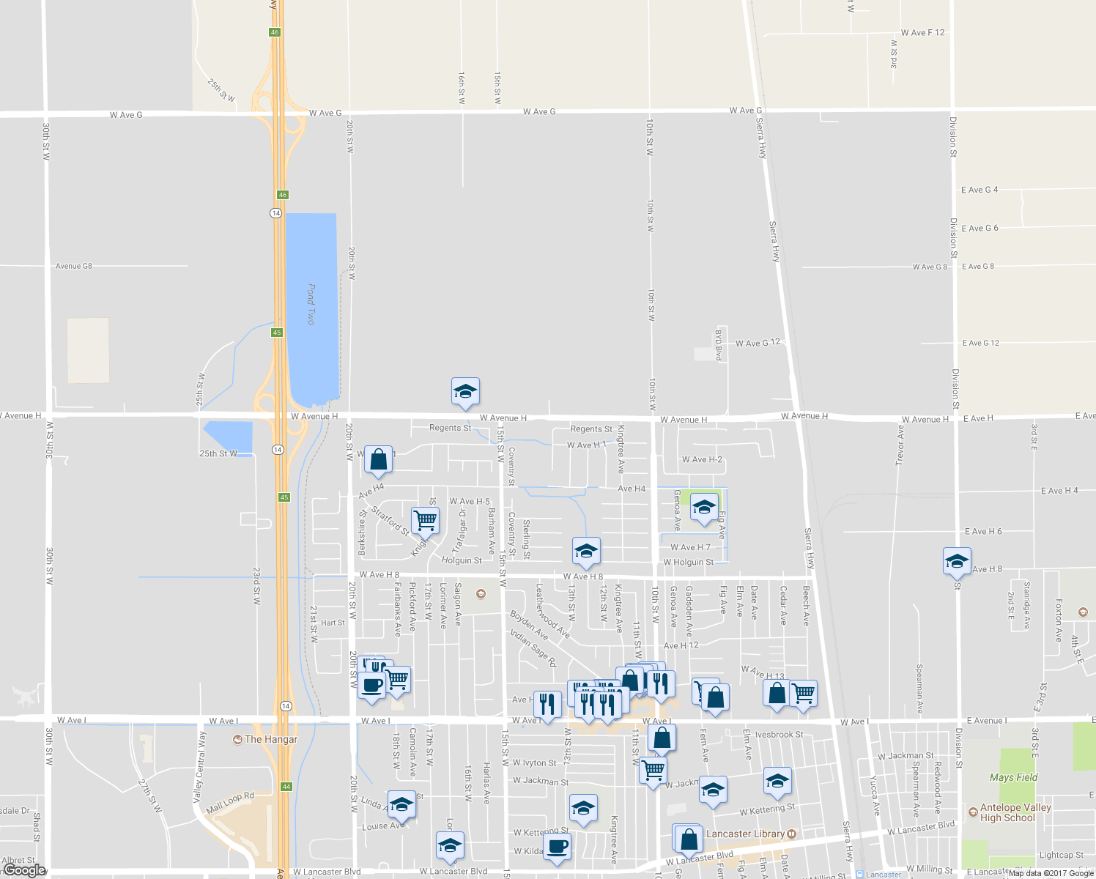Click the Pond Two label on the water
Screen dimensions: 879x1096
pyautogui.click(x=311, y=305)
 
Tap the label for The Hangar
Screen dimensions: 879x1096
pyautogui.click(x=271, y=739)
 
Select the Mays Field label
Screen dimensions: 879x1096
pyautogui.click(x=1013, y=777)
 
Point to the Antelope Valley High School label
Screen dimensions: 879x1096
pyautogui.click(x=1015, y=812)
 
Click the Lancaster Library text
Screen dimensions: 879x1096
pyautogui.click(x=745, y=834)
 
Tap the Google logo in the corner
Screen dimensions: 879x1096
pyautogui.click(x=24, y=870)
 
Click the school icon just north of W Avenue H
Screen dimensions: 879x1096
pyautogui.click(x=465, y=392)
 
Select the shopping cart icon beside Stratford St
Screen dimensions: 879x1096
pyautogui.click(x=425, y=520)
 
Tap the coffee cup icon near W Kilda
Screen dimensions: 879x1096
pyautogui.click(x=558, y=847)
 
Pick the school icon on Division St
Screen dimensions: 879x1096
pyautogui.click(x=956, y=561)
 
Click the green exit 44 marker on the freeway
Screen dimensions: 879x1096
pyautogui.click(x=286, y=787)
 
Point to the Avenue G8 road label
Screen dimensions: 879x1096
pyautogui.click(x=74, y=266)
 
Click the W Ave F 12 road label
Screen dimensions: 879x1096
pyautogui.click(x=922, y=33)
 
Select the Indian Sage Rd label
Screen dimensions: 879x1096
pyautogui.click(x=533, y=648)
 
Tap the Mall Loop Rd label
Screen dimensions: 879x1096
pyautogui.click(x=230, y=802)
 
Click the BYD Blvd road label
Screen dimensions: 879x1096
pyautogui.click(x=719, y=344)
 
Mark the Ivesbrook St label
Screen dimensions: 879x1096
pyautogui.click(x=779, y=735)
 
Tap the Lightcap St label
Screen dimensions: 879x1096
pyautogui.click(x=1060, y=855)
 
